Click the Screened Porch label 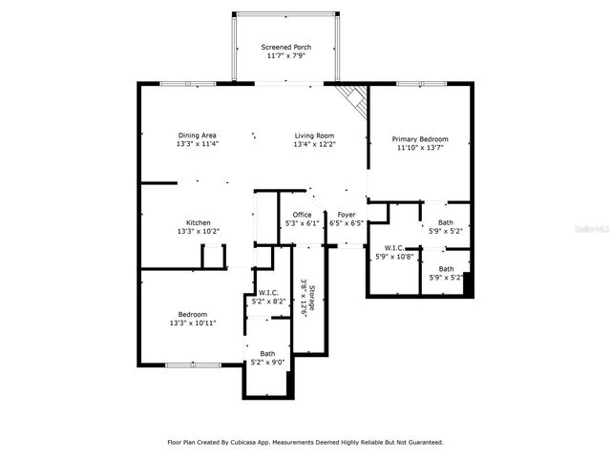click(286, 47)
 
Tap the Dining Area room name click(198, 135)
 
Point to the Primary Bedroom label click(420, 138)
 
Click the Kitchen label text click(198, 222)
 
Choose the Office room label click(302, 214)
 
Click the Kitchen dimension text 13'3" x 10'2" click(198, 231)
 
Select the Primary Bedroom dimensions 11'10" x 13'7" click(420, 147)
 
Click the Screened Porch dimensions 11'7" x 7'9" click(286, 55)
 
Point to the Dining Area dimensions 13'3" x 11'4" click(198, 144)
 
